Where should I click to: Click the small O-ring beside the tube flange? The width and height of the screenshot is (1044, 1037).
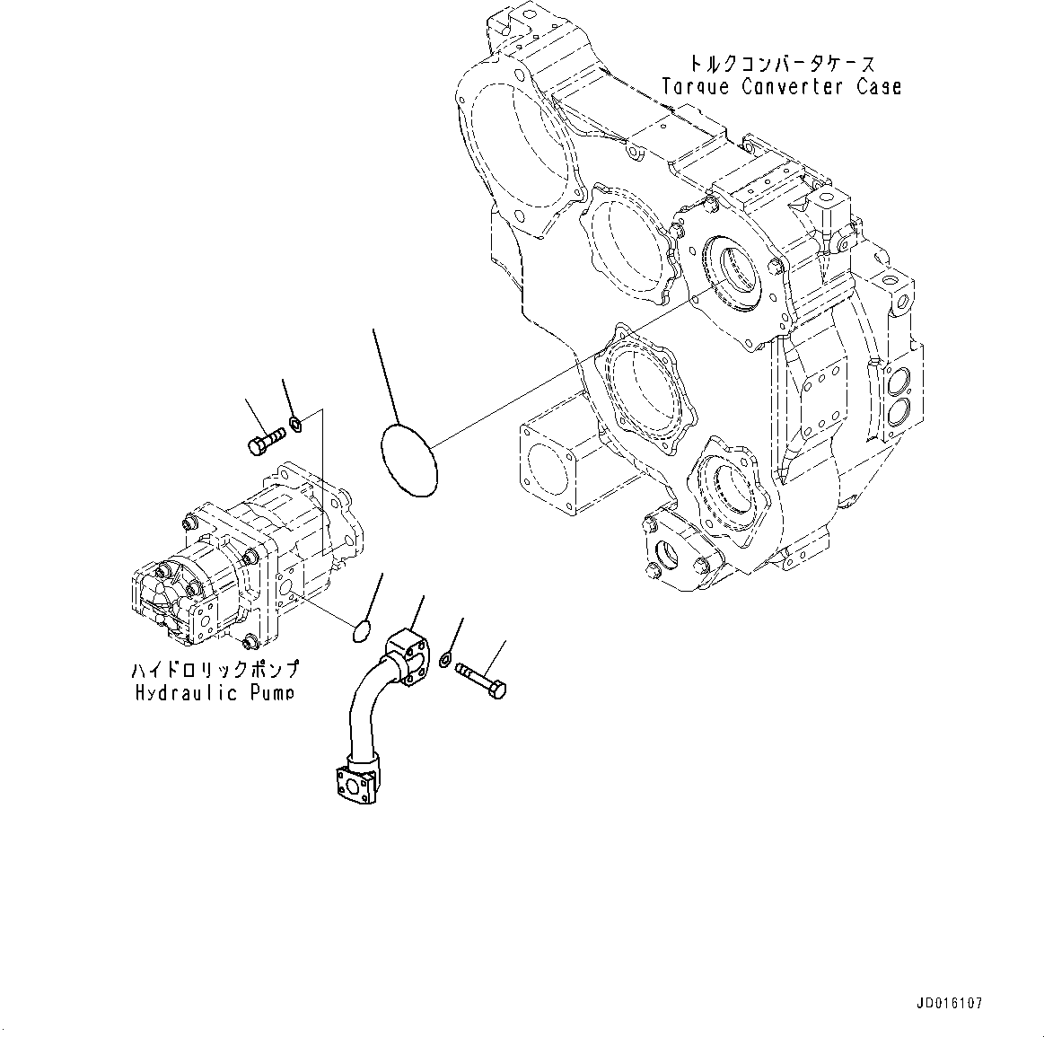click(x=361, y=631)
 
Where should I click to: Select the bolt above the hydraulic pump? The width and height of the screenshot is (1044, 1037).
click(x=263, y=439)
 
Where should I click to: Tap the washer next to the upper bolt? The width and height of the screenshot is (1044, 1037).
click(x=295, y=423)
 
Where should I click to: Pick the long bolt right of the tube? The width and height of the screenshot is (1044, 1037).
click(x=482, y=680)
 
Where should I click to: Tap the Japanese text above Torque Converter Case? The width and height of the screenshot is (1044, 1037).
click(x=780, y=64)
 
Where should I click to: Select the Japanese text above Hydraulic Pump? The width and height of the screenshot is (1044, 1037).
click(x=215, y=670)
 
